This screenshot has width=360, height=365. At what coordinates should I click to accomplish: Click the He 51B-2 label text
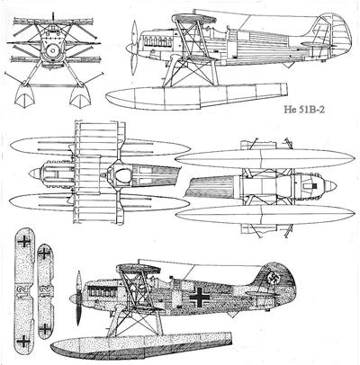point(304,109)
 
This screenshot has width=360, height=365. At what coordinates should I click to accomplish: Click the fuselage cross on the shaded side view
point(200,297)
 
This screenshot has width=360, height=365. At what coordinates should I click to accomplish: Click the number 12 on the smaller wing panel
point(45,290)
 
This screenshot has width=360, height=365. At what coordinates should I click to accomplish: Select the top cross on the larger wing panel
point(24,241)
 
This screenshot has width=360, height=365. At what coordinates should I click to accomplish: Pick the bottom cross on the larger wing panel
point(23,341)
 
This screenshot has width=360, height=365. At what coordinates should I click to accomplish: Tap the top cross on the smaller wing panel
point(44,254)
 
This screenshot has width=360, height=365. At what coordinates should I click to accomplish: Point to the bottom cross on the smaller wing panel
point(45,329)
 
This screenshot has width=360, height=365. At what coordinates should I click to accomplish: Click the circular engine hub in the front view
point(53,50)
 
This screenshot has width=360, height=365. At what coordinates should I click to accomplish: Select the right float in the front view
point(80,95)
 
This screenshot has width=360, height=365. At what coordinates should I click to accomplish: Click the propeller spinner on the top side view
point(130,48)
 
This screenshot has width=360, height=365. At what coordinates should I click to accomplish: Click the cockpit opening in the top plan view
point(123,174)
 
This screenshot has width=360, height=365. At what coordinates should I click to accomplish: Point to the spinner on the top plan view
point(35,174)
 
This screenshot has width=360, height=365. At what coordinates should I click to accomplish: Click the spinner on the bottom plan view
point(330,186)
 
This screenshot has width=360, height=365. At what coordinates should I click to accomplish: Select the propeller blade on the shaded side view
point(79,298)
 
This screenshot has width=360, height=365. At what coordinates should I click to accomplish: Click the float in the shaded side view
point(141,344)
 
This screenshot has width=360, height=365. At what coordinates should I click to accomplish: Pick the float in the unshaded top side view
point(196,95)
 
